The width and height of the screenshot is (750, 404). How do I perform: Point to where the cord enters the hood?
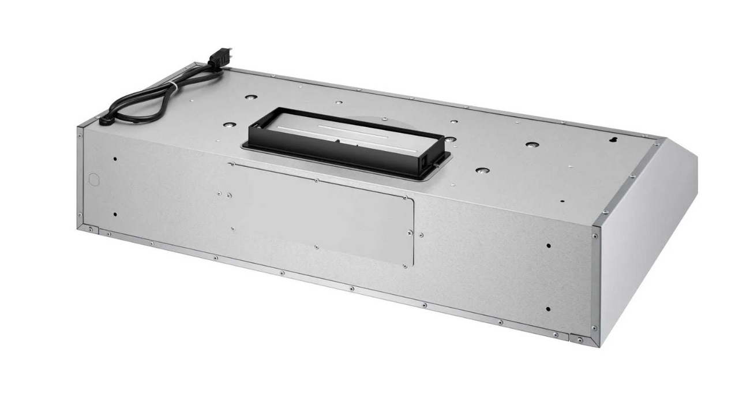106,121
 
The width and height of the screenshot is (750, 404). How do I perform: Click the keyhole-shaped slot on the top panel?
616,140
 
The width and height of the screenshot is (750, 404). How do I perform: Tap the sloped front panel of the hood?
646,231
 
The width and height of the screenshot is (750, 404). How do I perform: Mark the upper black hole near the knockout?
115,159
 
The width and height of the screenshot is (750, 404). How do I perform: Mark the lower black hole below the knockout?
115,214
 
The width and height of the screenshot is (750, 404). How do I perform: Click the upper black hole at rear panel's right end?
548,245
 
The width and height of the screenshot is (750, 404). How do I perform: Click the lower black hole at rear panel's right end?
547,308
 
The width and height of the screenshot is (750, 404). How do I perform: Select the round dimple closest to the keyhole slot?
530,144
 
